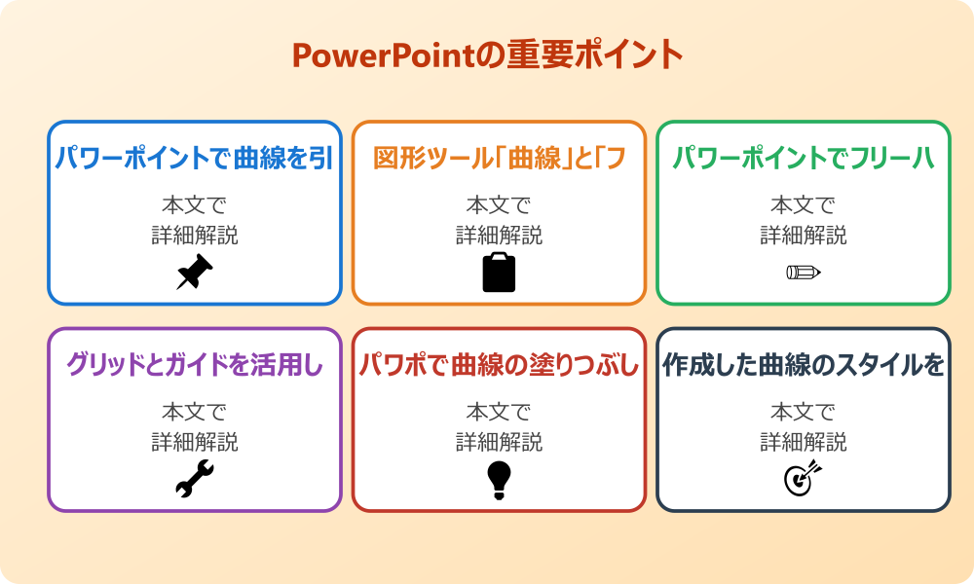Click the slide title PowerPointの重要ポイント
(x=487, y=55)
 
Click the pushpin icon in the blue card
(x=195, y=273)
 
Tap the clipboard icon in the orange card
(x=499, y=273)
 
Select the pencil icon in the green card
(x=804, y=272)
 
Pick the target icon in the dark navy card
(x=804, y=479)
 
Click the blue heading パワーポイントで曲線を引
(x=195, y=158)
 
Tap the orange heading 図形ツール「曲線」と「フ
(x=499, y=158)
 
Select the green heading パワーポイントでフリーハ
(x=804, y=158)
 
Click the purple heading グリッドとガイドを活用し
(x=195, y=365)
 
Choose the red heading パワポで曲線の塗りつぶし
(x=499, y=365)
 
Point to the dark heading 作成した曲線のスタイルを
(x=804, y=365)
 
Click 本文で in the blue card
(x=195, y=205)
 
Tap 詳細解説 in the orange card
(x=499, y=235)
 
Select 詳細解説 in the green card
(x=804, y=235)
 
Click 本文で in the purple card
(x=195, y=413)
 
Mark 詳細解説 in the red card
(x=499, y=442)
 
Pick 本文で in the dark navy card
(x=804, y=413)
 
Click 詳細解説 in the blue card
(x=195, y=235)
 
